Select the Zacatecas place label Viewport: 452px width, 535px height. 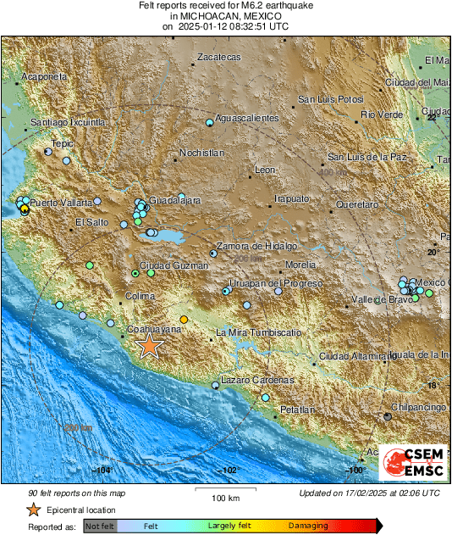click(x=218, y=57)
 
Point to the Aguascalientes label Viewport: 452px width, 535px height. click(x=246, y=118)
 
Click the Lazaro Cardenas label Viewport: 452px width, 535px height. click(x=257, y=380)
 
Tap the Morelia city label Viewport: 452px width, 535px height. click(x=300, y=265)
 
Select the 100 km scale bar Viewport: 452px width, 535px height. click(x=221, y=490)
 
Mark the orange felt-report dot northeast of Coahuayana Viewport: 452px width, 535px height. click(x=185, y=320)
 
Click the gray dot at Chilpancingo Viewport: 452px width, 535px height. click(x=388, y=416)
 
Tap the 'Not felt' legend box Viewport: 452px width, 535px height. click(x=99, y=527)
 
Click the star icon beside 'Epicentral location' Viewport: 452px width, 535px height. click(x=33, y=510)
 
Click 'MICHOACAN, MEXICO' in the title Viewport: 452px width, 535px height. click(x=225, y=16)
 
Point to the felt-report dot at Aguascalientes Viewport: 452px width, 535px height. click(x=210, y=124)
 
